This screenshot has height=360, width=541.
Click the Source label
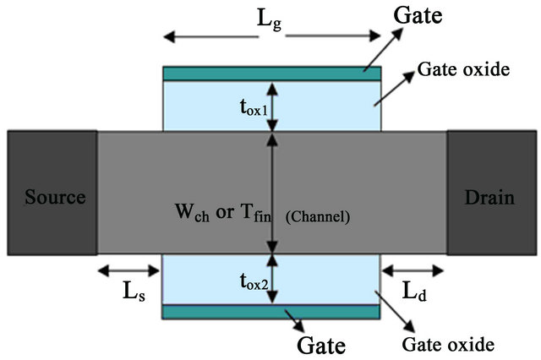(55, 198)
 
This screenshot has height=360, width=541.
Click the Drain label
(489, 198)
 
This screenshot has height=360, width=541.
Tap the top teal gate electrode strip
(271, 74)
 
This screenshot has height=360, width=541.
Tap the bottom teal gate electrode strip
(270, 313)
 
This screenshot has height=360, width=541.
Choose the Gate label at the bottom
(321, 344)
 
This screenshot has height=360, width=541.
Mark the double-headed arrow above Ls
(128, 271)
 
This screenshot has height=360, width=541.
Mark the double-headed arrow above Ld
(413, 271)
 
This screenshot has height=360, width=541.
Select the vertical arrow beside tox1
(271, 106)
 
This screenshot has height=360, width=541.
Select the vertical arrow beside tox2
(271, 279)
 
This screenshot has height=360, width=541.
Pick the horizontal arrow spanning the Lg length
(271, 37)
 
